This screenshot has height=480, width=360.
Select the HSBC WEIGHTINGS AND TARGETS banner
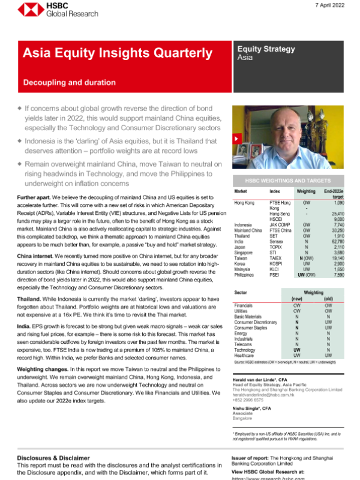pyautogui.click(x=287, y=180)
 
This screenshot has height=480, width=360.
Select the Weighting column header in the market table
pyautogui.click(x=306, y=191)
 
